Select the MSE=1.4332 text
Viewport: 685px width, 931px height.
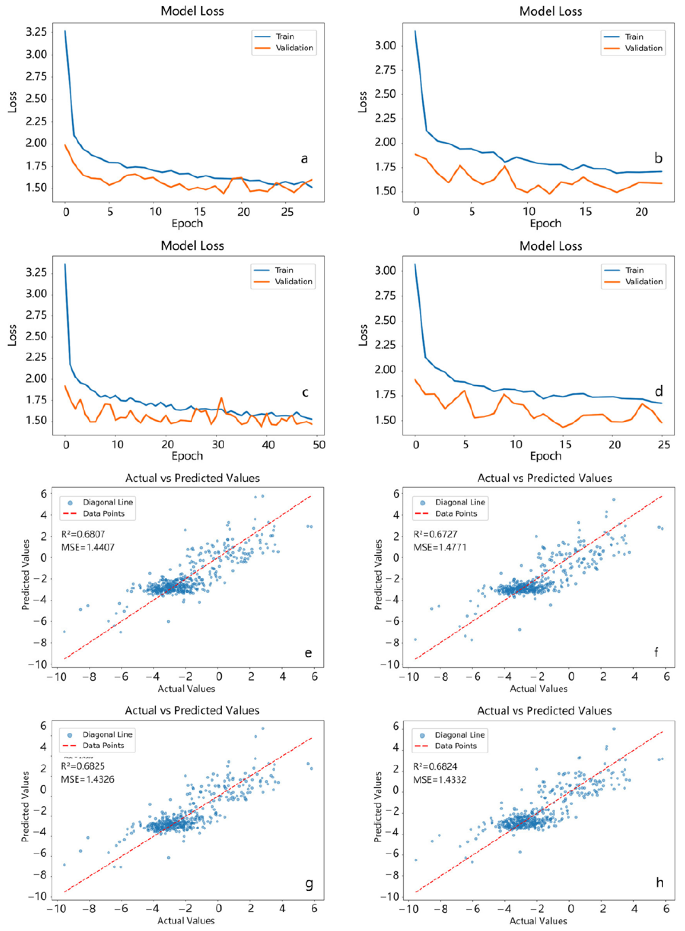tap(440, 779)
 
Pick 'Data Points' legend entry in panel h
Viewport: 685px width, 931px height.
tap(455, 746)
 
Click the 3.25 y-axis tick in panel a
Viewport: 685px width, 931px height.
tap(36, 32)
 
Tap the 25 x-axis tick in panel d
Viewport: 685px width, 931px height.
tap(664, 445)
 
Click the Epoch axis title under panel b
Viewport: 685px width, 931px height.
tap(545, 224)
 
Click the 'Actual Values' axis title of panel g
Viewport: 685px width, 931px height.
tap(186, 921)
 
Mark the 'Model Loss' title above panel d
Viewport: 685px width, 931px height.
tap(551, 246)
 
